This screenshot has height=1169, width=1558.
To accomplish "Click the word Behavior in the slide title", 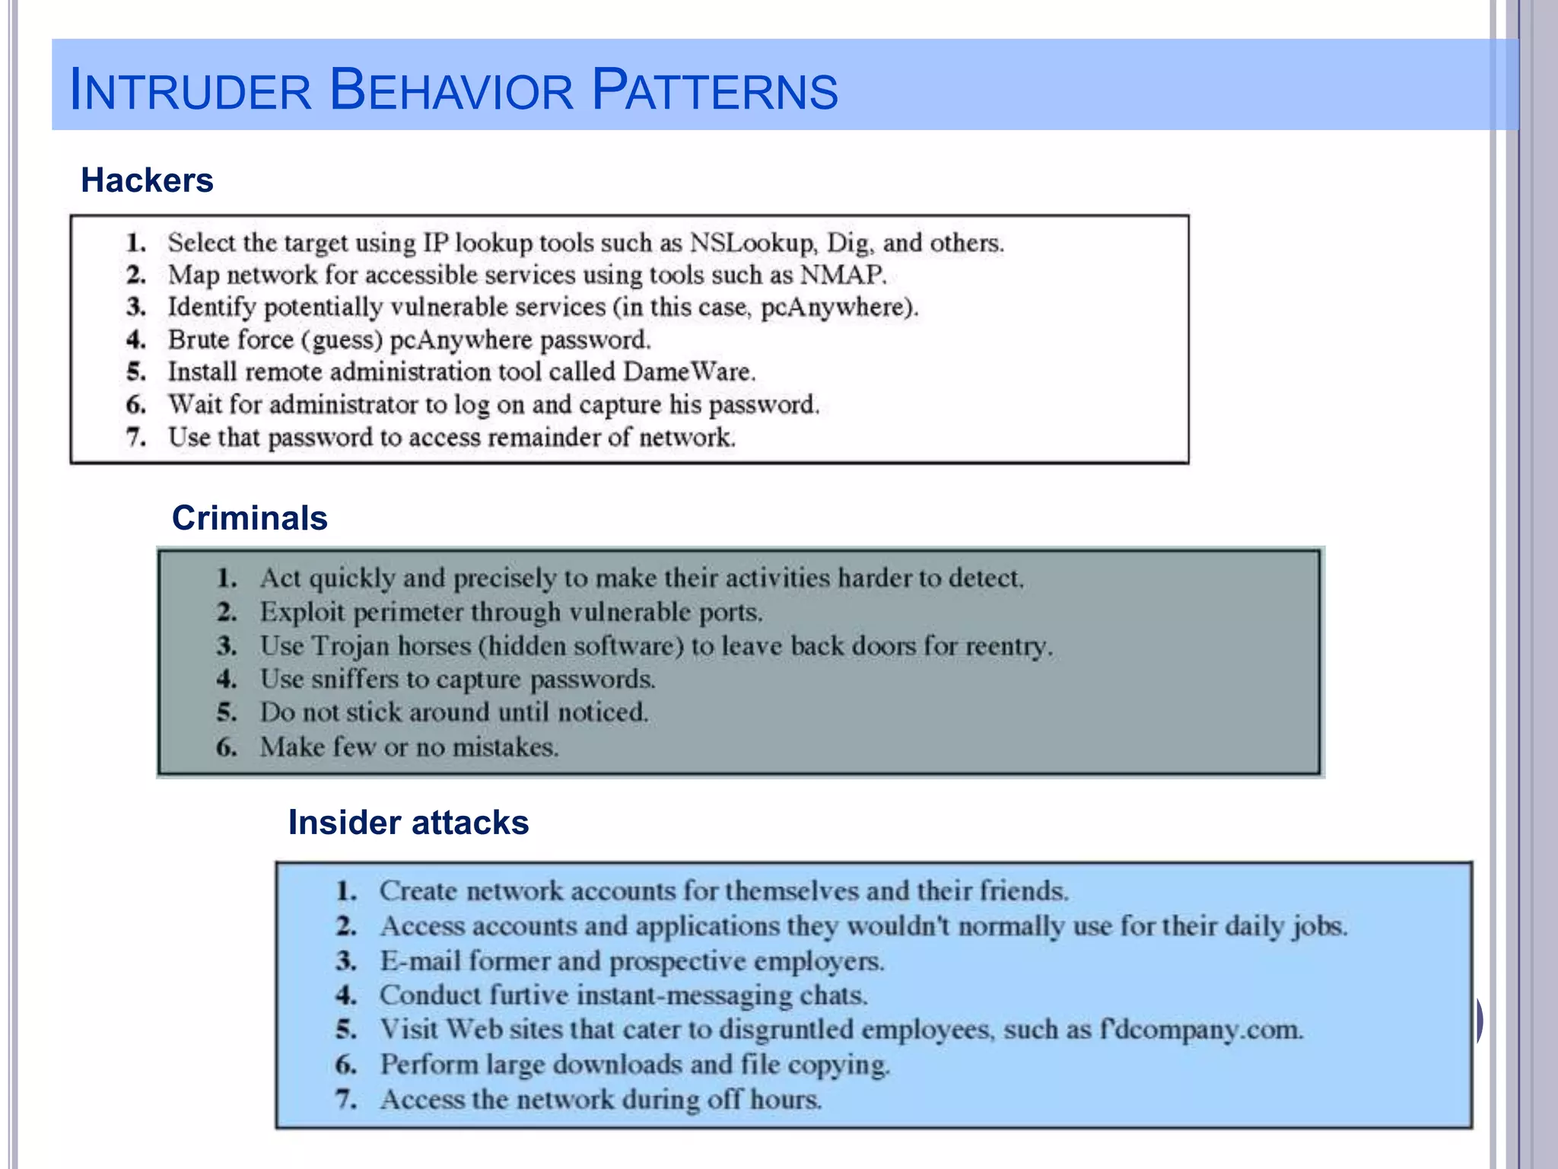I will pos(452,90).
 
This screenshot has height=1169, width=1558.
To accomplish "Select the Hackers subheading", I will pos(147,180).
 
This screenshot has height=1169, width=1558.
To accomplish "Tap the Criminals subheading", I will pos(250,518).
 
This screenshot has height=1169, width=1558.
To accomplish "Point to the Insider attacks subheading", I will pos(408,823).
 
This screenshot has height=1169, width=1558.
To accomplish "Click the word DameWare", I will pos(688,371).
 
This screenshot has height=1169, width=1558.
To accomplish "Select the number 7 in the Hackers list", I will pos(136,438).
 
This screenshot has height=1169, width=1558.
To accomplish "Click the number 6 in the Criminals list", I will pos(226,747).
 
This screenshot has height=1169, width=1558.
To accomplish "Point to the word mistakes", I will pos(505,747).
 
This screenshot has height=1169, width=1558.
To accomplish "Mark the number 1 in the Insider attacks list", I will pos(346,891).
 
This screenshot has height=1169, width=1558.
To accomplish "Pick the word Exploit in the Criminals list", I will pos(303,613).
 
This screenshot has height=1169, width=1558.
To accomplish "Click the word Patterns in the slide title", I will pos(714,90).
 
